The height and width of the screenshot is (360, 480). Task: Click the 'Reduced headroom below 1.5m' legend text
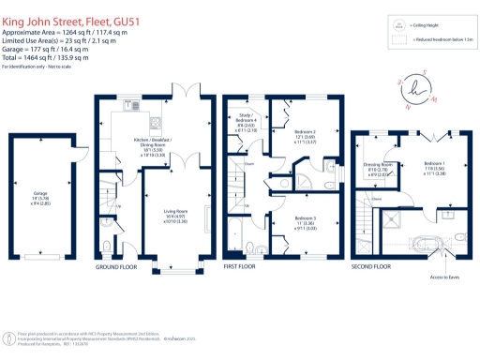(x=438, y=41)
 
